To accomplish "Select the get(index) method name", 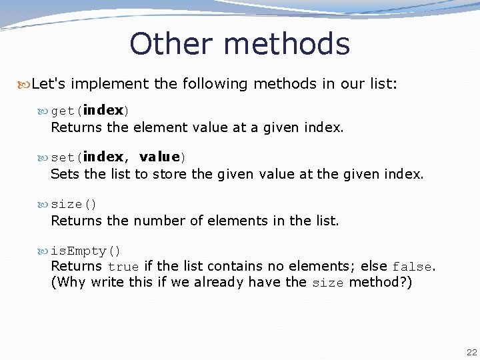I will (x=90, y=110).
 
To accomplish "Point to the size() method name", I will (x=74, y=204).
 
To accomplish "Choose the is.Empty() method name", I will (x=86, y=251).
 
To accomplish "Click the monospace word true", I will (x=123, y=267).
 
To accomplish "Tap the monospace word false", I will (x=412, y=267).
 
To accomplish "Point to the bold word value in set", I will (x=160, y=157).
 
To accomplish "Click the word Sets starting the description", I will (x=65, y=174).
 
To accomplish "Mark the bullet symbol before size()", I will (x=44, y=204).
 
